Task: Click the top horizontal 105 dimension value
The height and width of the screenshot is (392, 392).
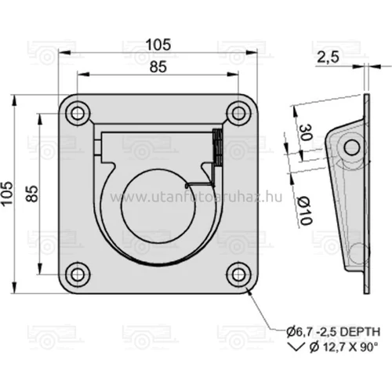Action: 156,45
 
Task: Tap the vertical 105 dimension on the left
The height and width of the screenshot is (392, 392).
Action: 8,191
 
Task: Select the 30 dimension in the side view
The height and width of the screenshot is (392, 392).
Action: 304,134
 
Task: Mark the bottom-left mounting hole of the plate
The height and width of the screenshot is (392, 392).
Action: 77,273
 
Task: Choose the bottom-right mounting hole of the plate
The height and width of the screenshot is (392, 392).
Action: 237,273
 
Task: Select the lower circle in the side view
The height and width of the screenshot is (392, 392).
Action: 357,252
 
